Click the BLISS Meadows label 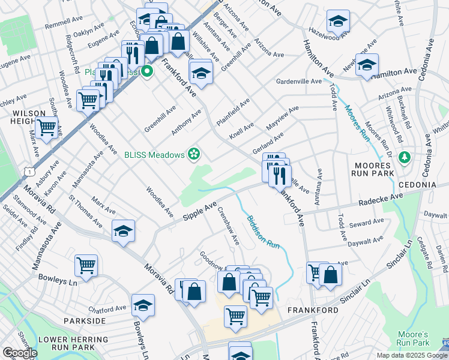pos(154,155)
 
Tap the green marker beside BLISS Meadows pos(194,155)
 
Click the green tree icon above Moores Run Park pos(405,157)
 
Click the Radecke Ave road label pos(381,199)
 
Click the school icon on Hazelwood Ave pos(338,21)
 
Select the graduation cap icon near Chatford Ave pos(143,306)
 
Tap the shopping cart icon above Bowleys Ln pos(86,266)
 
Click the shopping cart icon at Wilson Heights pos(46,127)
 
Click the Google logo pos(20,353)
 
